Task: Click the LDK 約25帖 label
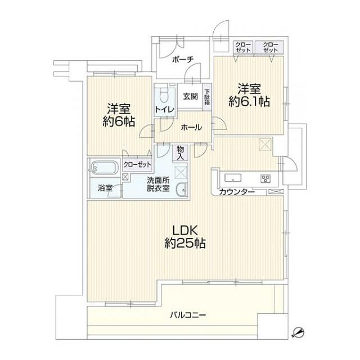pos(185,237)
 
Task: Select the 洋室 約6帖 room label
pos(119,115)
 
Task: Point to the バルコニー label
pos(188,315)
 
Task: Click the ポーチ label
pos(183,60)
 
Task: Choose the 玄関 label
pos(190,96)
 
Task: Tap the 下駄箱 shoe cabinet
pos(207,97)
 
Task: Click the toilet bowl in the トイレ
pos(164,95)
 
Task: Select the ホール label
pos(191,127)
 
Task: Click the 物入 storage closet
pos(181,153)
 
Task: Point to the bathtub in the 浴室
pos(105,168)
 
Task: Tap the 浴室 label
pos(105,188)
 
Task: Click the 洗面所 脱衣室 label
pos(159,184)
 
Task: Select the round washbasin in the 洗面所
pos(182,190)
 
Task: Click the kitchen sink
pos(233,178)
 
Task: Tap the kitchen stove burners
pos(265,179)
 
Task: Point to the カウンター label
pos(237,192)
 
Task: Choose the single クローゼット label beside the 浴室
pos(137,165)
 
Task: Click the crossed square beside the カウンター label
pos(275,192)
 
